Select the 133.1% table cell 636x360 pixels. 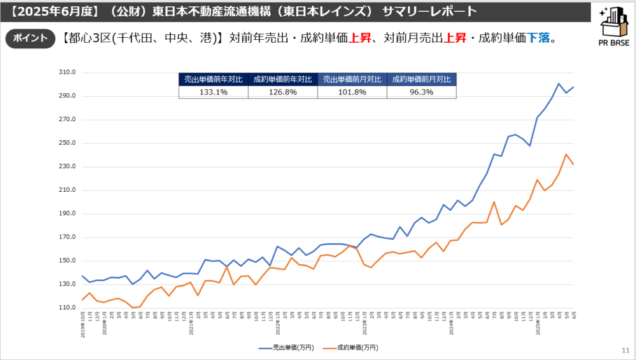(213, 92)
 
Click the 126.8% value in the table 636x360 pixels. (283, 92)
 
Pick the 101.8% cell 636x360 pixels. (352, 92)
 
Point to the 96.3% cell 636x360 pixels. (421, 92)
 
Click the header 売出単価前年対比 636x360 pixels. (213, 79)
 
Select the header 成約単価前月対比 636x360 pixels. (421, 79)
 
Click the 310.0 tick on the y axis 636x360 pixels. (67, 73)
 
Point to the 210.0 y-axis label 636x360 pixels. (67, 190)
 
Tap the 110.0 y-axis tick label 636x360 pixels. (67, 308)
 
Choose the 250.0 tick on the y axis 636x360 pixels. (67, 143)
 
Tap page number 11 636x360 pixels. (624, 349)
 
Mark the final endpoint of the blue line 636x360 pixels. (573, 87)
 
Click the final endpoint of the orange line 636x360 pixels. (573, 164)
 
